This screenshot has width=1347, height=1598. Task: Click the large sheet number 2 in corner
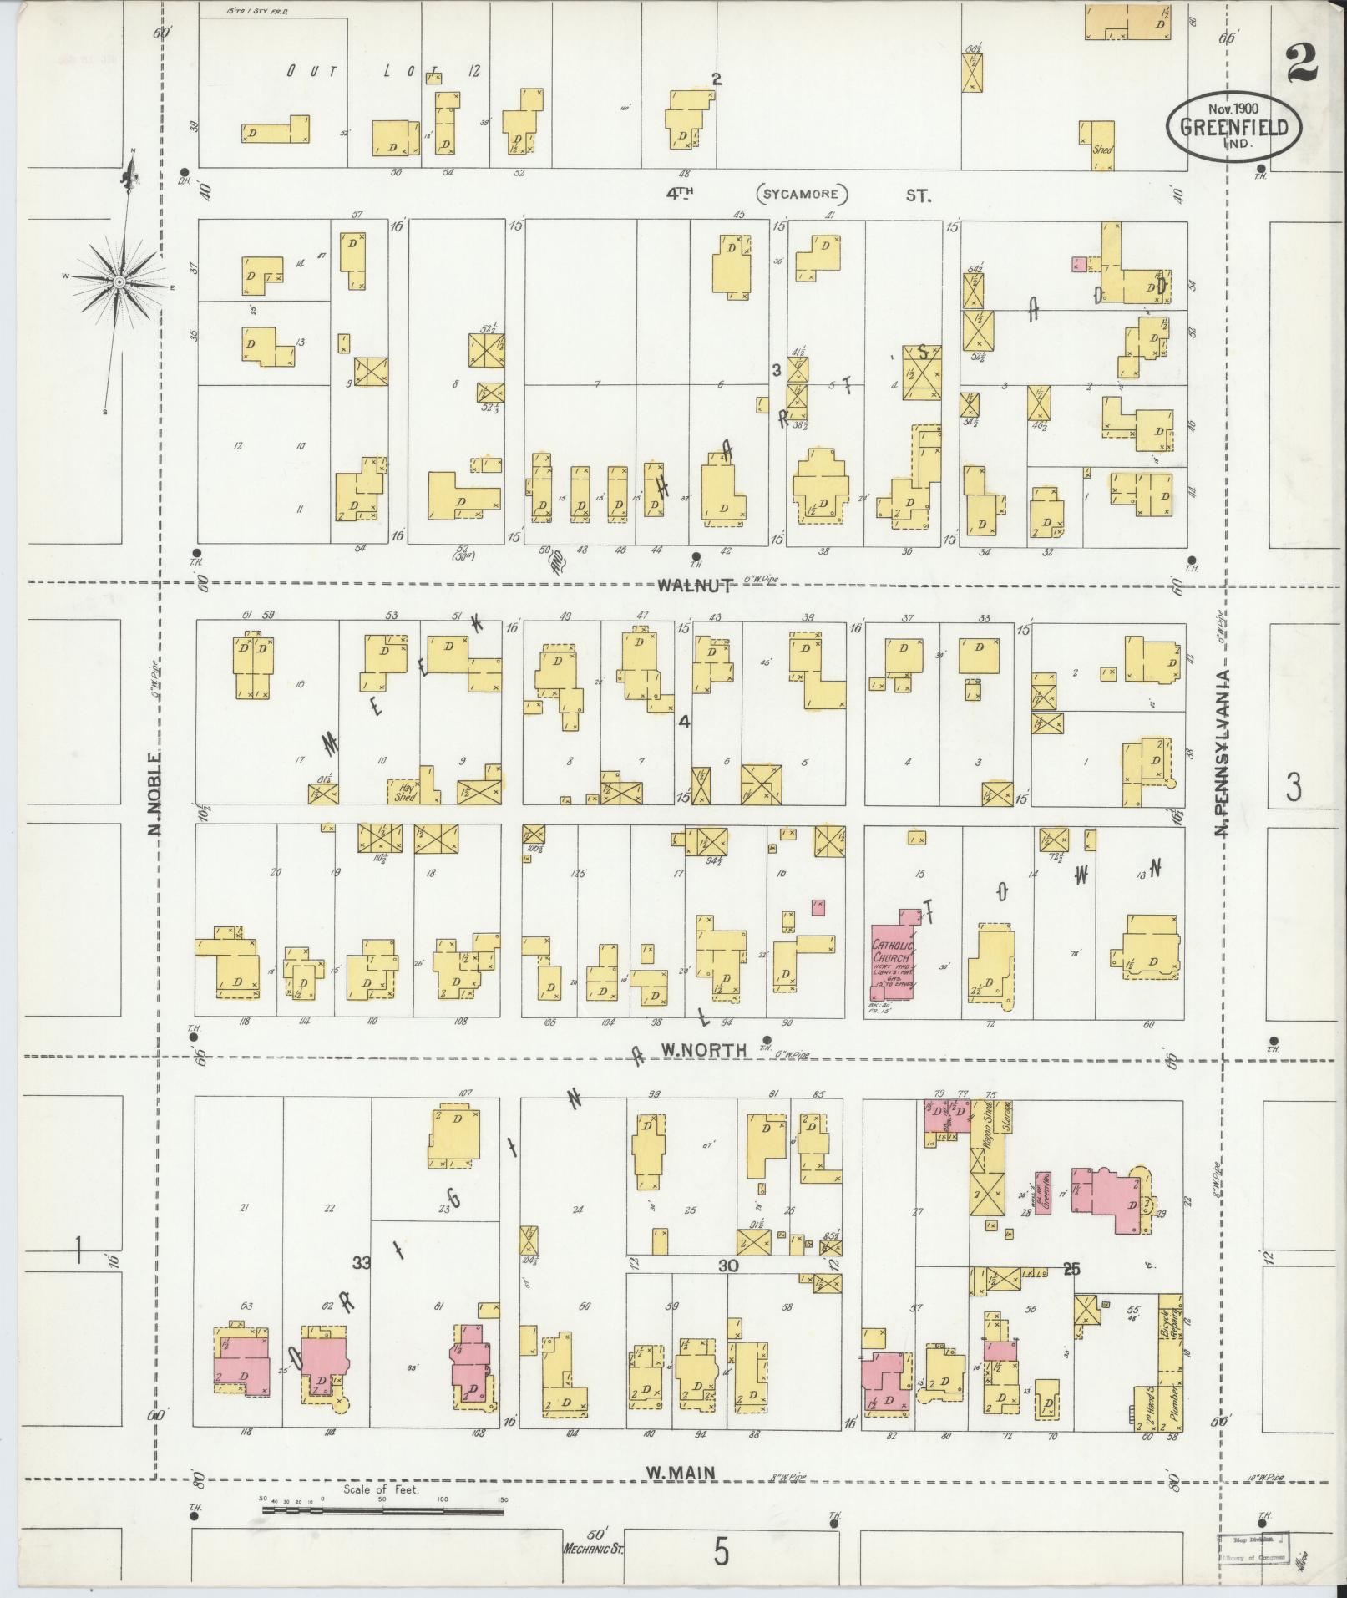pos(1301,63)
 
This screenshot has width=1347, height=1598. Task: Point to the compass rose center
pos(119,282)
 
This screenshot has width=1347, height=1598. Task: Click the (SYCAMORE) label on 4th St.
pos(803,195)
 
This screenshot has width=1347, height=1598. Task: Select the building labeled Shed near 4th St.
pos(1101,145)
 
